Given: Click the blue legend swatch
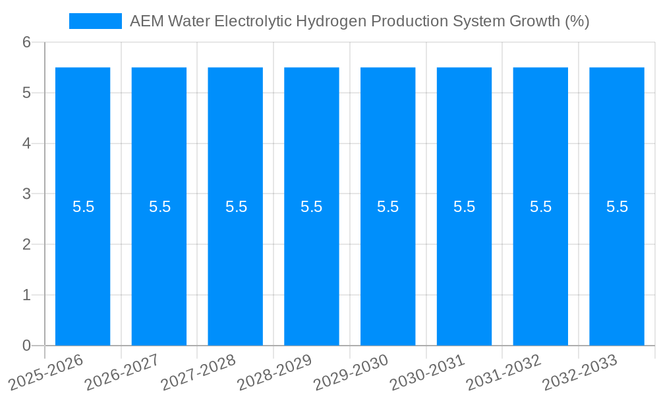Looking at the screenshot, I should click(x=96, y=21).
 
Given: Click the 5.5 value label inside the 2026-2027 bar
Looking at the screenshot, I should click(x=159, y=207).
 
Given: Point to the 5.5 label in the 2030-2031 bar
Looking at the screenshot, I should click(x=464, y=207).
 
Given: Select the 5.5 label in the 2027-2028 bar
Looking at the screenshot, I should click(x=236, y=207).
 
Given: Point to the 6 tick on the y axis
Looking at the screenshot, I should click(x=26, y=43).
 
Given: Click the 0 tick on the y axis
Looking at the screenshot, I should click(x=26, y=346).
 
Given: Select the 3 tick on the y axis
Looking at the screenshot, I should click(x=26, y=194).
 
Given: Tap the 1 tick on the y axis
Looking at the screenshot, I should click(x=26, y=296).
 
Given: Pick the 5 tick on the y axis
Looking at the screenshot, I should click(x=26, y=93).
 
